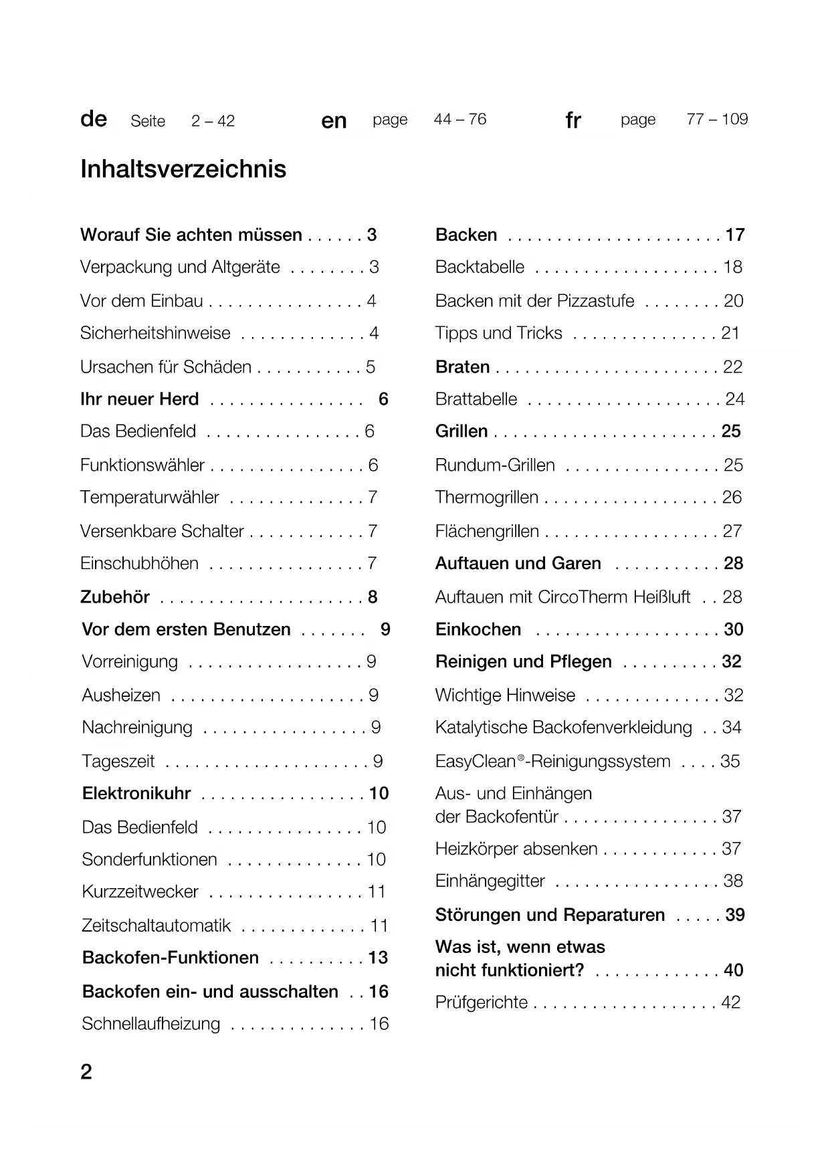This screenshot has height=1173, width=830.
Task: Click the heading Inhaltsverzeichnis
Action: point(183,169)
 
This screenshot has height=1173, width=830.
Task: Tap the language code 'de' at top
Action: point(94,119)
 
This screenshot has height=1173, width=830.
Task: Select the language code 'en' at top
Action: point(334,120)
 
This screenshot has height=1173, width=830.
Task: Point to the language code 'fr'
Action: point(573,120)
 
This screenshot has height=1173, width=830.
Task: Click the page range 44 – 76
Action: point(460,119)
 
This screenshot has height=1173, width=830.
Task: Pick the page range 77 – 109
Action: point(717,119)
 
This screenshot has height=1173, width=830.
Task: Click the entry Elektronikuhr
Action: point(136,794)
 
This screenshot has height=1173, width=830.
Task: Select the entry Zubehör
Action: point(115,597)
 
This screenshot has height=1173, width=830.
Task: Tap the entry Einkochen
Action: point(478,630)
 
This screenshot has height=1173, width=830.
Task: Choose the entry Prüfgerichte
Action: point(482,1002)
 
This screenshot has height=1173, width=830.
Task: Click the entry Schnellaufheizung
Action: point(151,1024)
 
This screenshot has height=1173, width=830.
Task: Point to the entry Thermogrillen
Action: point(487,498)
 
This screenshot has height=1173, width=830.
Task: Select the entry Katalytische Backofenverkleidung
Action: point(564,728)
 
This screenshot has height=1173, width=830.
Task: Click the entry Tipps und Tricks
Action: point(499,333)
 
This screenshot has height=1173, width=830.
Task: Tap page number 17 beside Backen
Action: point(735,235)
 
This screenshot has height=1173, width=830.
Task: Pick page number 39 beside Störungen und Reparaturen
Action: point(735,915)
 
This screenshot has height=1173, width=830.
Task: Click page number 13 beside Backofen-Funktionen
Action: point(378,958)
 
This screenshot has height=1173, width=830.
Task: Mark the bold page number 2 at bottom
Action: point(86,1072)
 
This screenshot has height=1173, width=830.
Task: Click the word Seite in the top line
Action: point(148,121)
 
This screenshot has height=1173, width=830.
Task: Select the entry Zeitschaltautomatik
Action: point(157,926)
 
